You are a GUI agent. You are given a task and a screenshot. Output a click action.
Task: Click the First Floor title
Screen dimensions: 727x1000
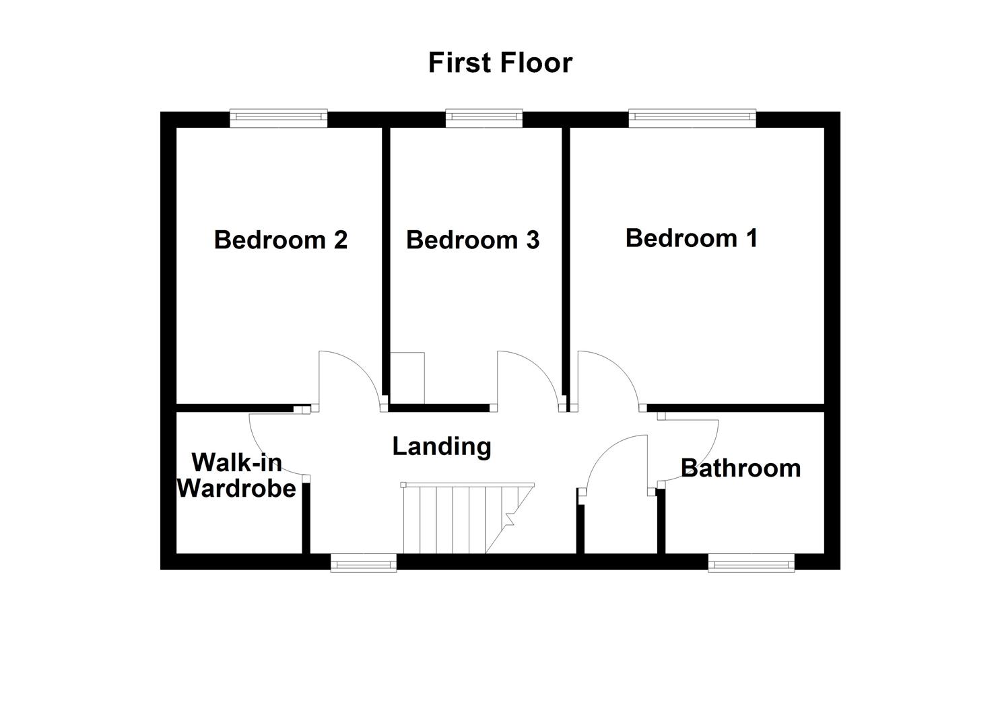(500, 63)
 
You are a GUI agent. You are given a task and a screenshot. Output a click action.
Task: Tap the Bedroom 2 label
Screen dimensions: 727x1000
(280, 240)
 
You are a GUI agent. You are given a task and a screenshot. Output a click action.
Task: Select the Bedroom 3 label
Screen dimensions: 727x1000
(473, 240)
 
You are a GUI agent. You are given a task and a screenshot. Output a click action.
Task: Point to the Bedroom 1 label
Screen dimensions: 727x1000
(692, 238)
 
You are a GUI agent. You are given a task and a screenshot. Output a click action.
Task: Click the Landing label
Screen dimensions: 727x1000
(442, 446)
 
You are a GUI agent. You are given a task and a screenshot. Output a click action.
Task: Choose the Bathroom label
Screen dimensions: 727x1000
(741, 468)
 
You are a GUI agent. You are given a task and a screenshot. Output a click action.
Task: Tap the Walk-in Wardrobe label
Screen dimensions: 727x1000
(236, 475)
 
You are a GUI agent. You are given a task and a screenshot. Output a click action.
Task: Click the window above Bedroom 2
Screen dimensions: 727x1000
(278, 118)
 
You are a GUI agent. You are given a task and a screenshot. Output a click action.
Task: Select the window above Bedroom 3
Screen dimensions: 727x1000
(484, 118)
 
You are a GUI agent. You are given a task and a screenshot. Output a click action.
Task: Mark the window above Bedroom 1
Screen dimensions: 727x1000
(692, 118)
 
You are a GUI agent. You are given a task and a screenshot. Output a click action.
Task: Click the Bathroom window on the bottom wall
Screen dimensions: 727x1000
(751, 562)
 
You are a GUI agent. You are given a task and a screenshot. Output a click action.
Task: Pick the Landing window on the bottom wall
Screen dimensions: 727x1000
(364, 562)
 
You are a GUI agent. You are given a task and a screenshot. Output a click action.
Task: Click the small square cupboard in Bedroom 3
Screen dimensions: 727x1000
(407, 378)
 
